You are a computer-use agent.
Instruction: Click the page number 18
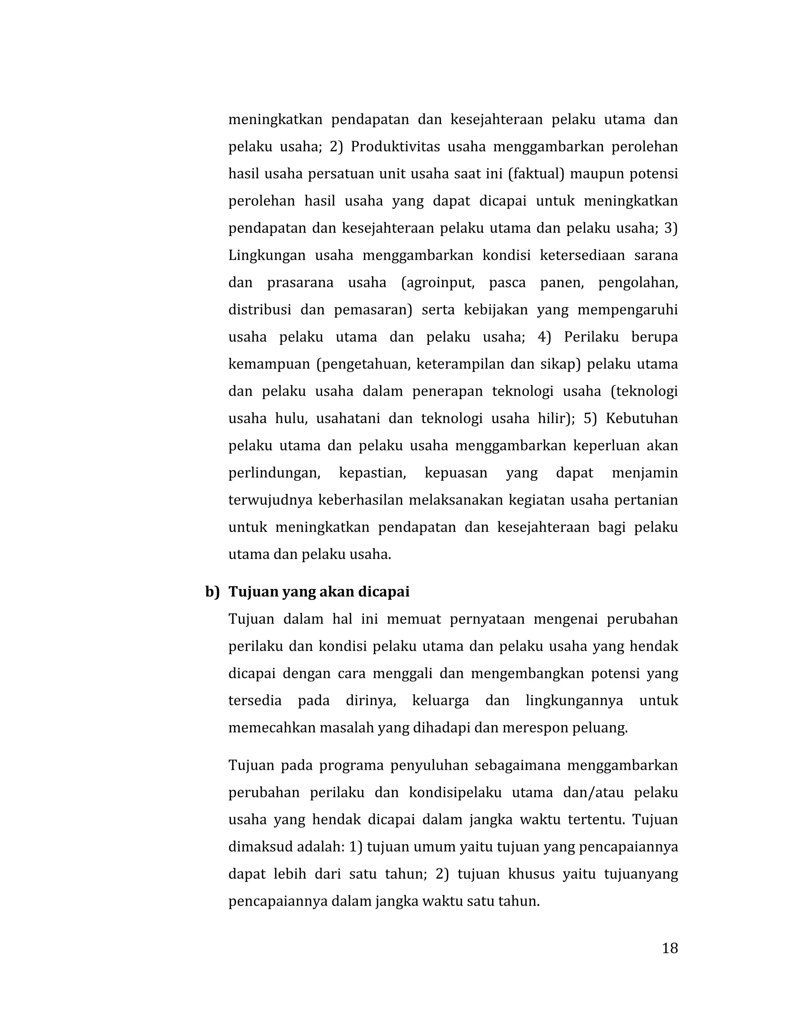tap(669, 948)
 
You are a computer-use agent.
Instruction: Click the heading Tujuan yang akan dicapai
tap(319, 592)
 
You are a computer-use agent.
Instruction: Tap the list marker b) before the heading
tap(212, 592)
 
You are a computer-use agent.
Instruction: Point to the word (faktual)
tap(536, 174)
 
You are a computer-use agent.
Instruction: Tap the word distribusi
tap(260, 309)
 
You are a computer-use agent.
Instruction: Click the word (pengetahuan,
tap(364, 364)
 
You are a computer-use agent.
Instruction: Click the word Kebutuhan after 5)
tap(641, 418)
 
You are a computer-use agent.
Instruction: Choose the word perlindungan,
tap(274, 473)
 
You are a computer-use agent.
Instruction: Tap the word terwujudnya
tap(270, 500)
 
